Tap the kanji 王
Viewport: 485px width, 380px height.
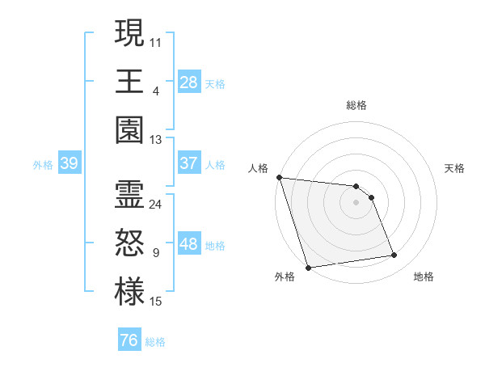click(x=129, y=81)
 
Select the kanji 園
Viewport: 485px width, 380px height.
click(x=129, y=130)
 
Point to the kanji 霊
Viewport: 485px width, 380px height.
click(x=129, y=195)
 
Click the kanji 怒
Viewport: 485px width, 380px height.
click(x=129, y=244)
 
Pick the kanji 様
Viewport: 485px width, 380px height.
click(x=129, y=293)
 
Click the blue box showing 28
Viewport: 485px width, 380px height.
click(x=189, y=82)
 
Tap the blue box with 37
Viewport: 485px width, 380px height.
click(x=189, y=163)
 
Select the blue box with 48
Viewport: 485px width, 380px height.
click(x=189, y=245)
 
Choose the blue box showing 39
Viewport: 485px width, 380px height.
click(x=69, y=163)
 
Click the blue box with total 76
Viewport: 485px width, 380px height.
click(x=129, y=340)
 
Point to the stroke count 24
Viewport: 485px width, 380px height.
click(x=156, y=205)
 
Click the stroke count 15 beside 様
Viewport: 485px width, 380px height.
click(x=156, y=302)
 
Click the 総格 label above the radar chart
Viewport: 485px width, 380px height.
click(x=356, y=105)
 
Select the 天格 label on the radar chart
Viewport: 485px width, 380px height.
click(x=454, y=168)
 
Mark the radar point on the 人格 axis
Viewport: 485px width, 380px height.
click(x=279, y=177)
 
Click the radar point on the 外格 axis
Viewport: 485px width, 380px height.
click(x=308, y=268)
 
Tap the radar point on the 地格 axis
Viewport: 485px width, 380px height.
click(x=394, y=255)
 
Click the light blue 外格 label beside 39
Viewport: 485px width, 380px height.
click(x=43, y=164)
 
